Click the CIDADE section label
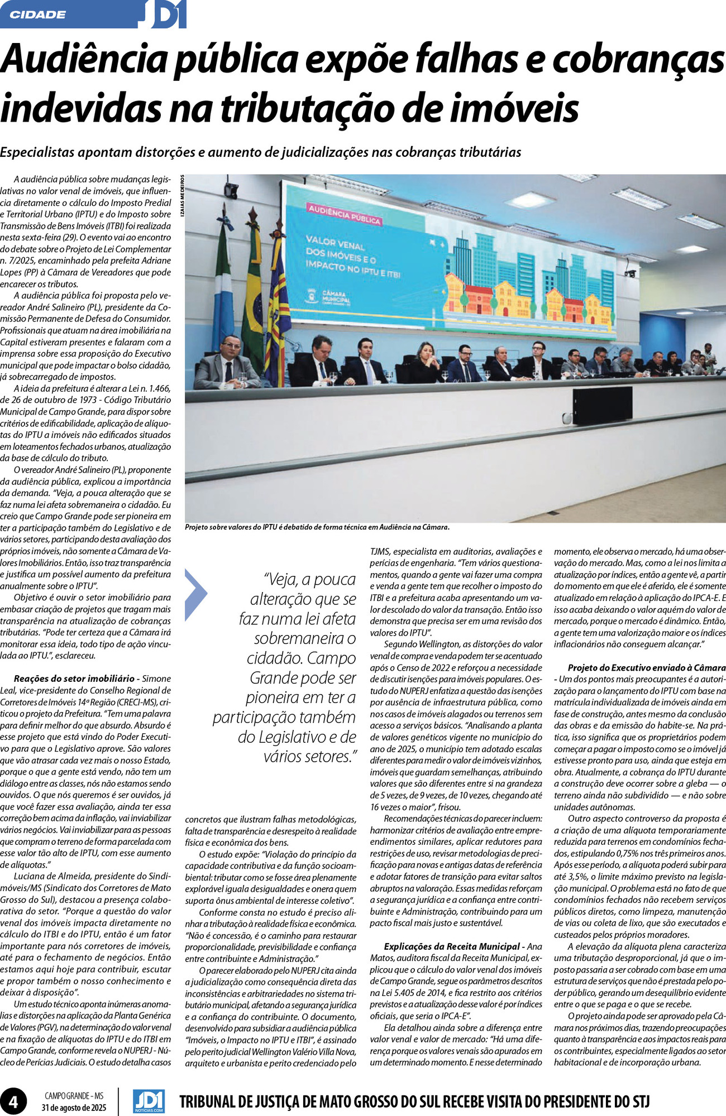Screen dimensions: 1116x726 (x=38, y=15)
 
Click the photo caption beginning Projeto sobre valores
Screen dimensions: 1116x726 (x=317, y=527)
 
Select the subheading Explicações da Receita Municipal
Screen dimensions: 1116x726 (x=451, y=946)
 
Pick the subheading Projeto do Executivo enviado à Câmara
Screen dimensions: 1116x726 (x=646, y=667)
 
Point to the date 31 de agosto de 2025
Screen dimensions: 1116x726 (x=73, y=1107)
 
